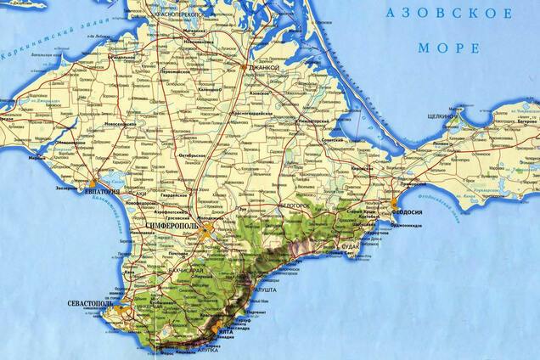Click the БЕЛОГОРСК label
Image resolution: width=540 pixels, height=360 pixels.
(x=295, y=205)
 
